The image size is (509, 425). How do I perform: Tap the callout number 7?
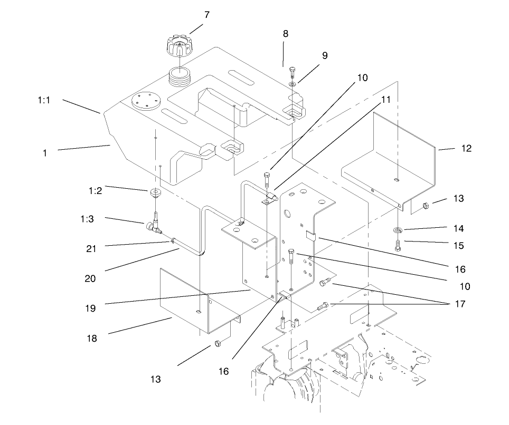[x=207, y=15]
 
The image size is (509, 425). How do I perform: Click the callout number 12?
[x=466, y=149]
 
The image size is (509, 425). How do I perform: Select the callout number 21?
[x=91, y=248]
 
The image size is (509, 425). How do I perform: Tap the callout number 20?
[x=90, y=278]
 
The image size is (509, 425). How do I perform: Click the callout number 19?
[x=90, y=308]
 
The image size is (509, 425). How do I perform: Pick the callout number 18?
[x=91, y=339]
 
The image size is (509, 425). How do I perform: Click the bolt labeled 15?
[x=397, y=244]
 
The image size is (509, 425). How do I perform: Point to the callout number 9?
[x=325, y=55]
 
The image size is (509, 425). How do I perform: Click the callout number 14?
[x=458, y=229]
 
